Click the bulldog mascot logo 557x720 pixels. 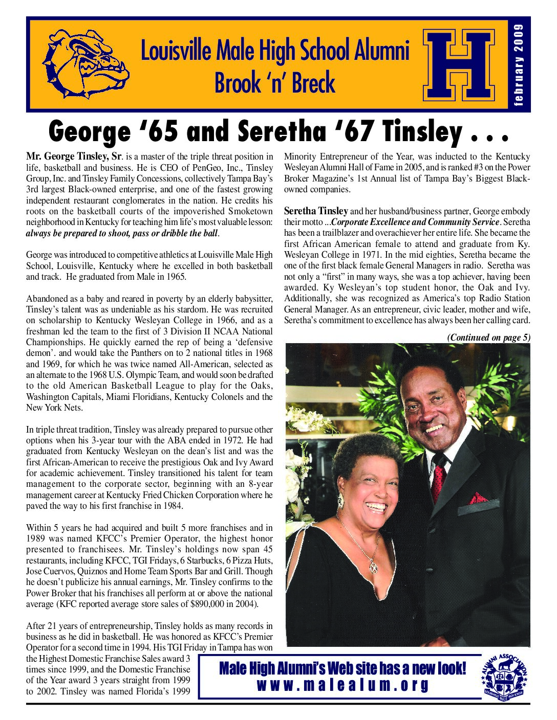pyautogui.click(x=85, y=63)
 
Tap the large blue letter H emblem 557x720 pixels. pyautogui.click(x=459, y=65)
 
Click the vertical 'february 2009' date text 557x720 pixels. pyautogui.click(x=519, y=65)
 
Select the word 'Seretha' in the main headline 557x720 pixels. pyautogui.click(x=281, y=131)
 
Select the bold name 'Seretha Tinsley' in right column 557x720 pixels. pyautogui.click(x=316, y=211)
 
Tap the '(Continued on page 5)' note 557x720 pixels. pyautogui.click(x=488, y=337)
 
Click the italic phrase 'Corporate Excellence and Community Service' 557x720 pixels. pyautogui.click(x=415, y=222)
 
